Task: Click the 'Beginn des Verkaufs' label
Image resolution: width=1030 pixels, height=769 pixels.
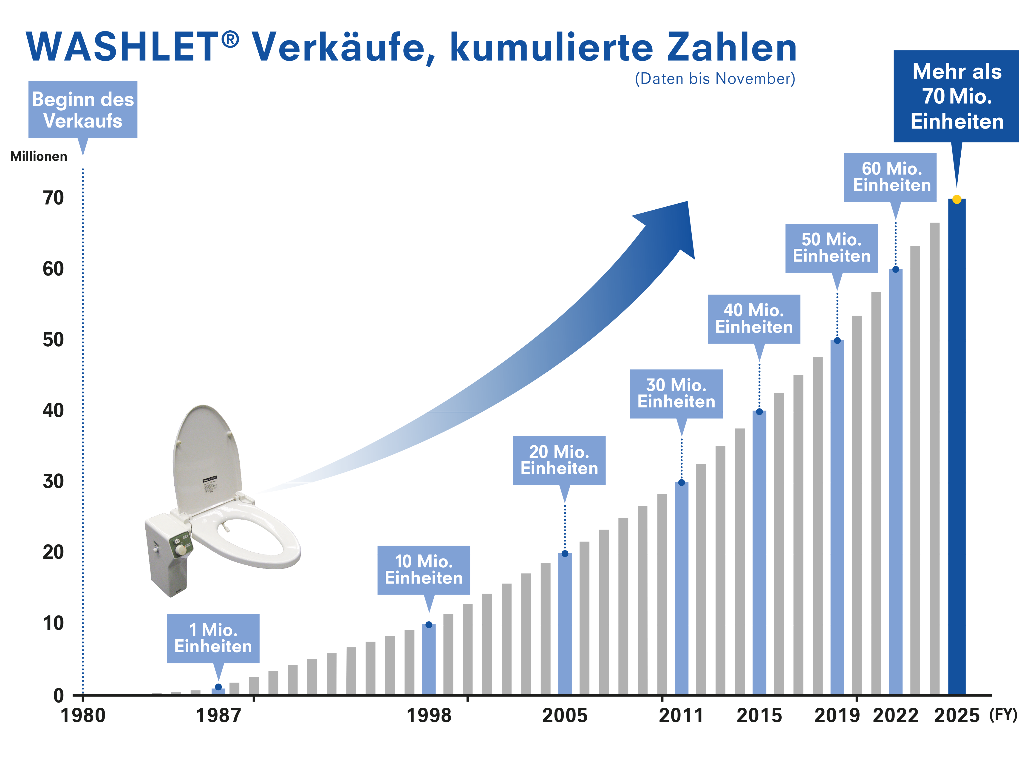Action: point(83,110)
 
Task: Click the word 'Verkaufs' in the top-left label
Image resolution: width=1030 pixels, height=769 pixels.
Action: point(83,121)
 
